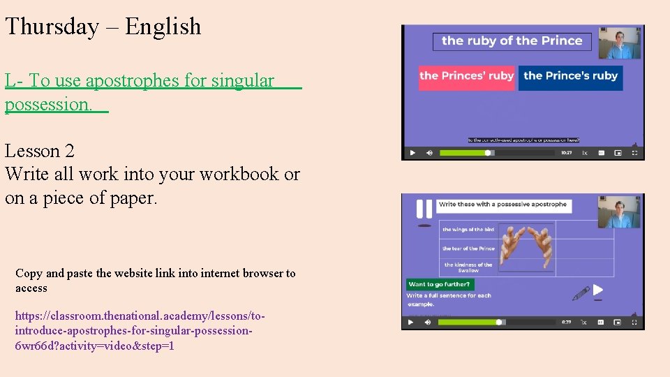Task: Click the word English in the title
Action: point(163,27)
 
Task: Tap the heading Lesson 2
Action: point(40,151)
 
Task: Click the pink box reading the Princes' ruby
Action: point(466,76)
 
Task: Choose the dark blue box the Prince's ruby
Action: point(570,76)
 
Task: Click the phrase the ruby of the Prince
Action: point(512,40)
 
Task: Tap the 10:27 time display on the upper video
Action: point(567,153)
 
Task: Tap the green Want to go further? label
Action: point(440,284)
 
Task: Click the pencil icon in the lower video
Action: point(581,293)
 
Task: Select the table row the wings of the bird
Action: point(468,230)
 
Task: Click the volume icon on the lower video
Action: point(429,323)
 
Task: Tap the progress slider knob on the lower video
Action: point(499,323)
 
